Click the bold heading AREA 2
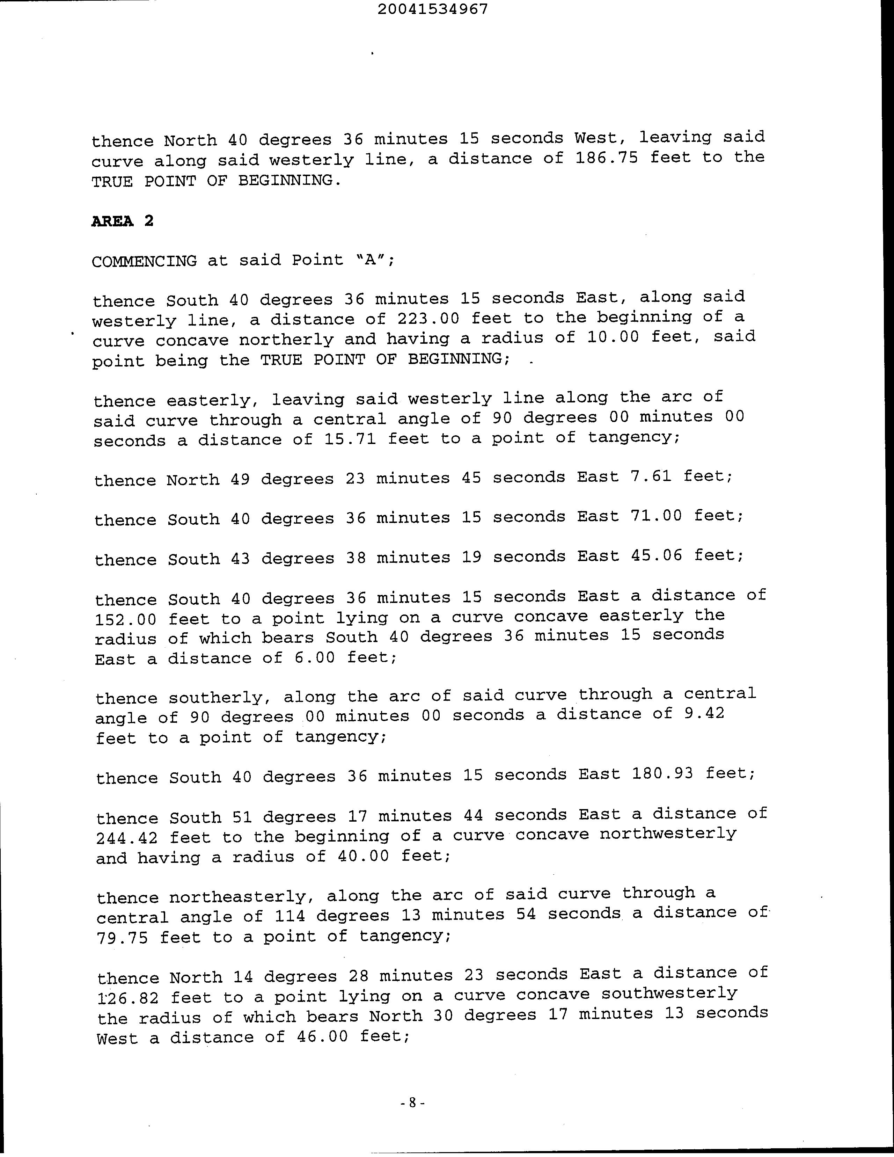coord(122,221)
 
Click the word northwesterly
coord(668,834)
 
